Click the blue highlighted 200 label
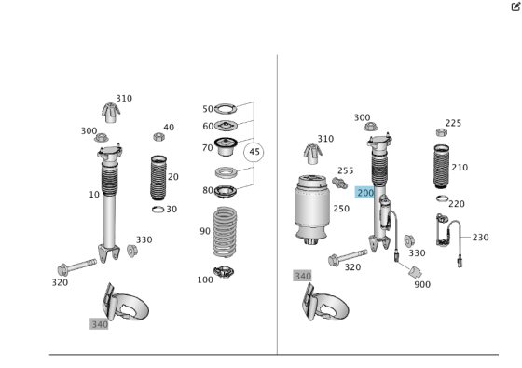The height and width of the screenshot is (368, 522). (365, 193)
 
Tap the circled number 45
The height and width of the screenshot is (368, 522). (254, 152)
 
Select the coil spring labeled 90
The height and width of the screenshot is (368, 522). (225, 232)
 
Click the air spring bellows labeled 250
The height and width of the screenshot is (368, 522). (312, 210)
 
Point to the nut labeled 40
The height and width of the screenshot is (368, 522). (159, 136)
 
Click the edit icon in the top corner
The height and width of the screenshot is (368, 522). (515, 7)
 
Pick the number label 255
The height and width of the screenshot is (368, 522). (345, 170)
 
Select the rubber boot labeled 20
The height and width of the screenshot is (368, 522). (158, 178)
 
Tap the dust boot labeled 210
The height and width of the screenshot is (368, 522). (442, 167)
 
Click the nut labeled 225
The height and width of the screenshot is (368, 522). (442, 132)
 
